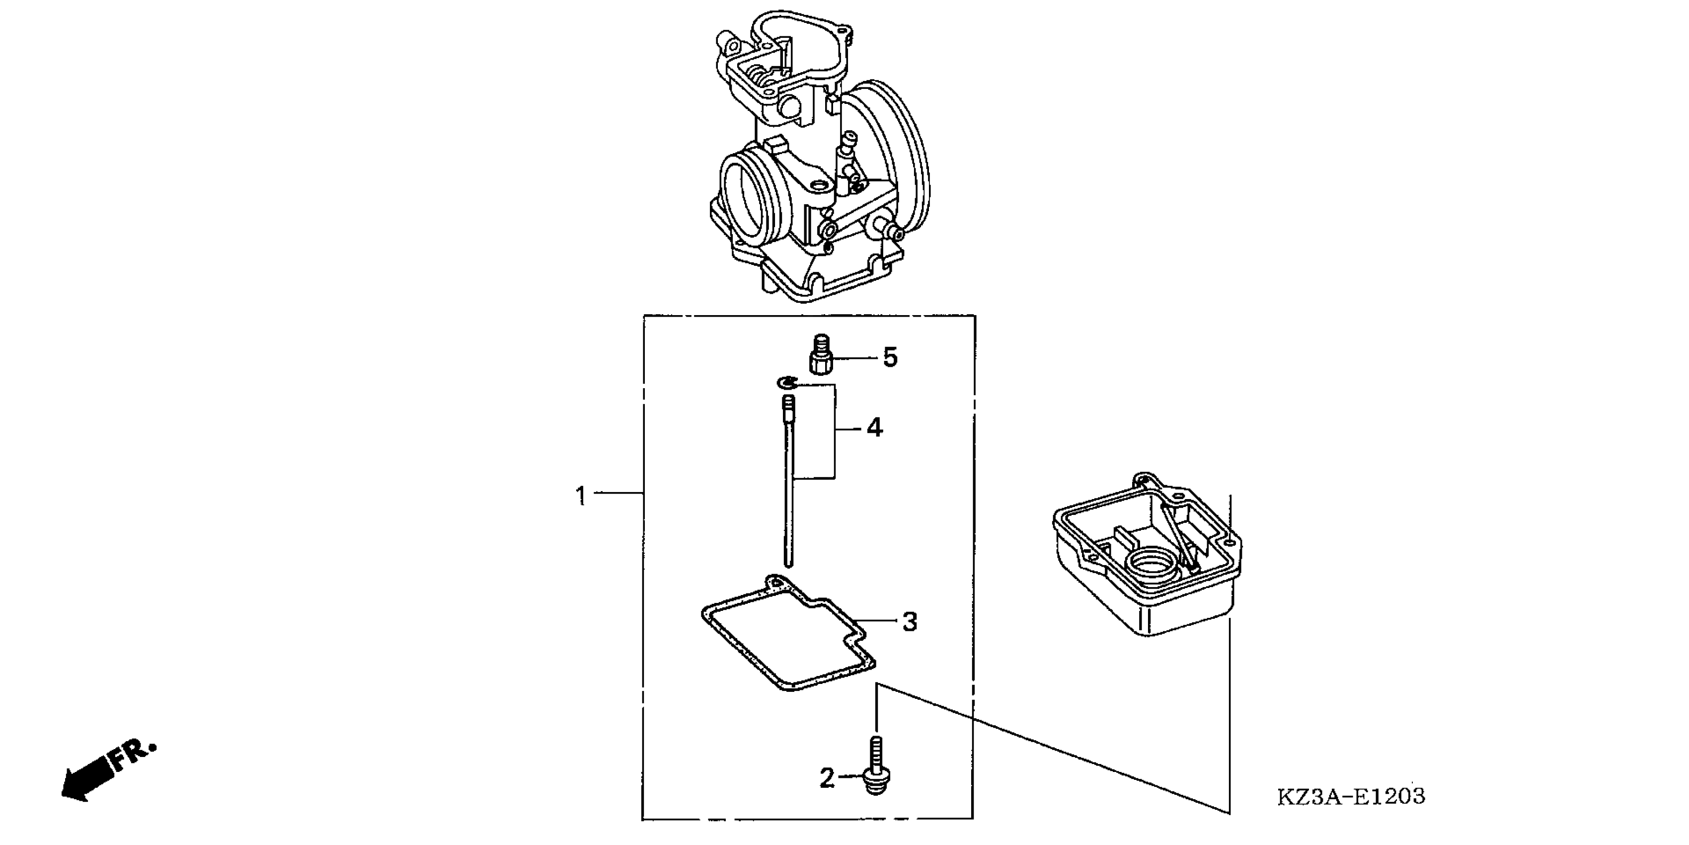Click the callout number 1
click(x=581, y=496)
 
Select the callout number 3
click(x=910, y=621)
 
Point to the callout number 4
click(x=875, y=428)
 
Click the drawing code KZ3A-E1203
click(x=1351, y=796)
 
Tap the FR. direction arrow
click(x=109, y=771)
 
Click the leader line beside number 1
click(x=616, y=492)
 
